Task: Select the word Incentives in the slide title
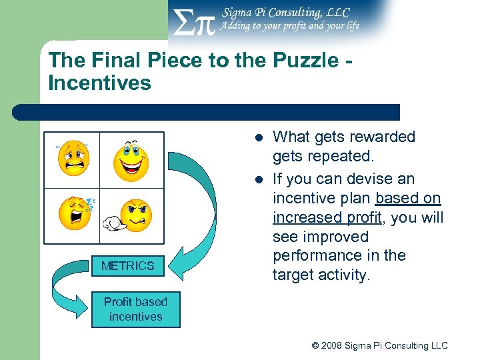click(99, 83)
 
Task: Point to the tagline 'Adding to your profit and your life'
click(290, 26)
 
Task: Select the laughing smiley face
click(131, 161)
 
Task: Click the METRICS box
click(127, 266)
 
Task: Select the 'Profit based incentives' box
click(135, 309)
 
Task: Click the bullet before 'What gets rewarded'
click(258, 138)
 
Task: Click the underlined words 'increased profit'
click(322, 217)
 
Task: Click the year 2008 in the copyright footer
click(335, 345)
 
